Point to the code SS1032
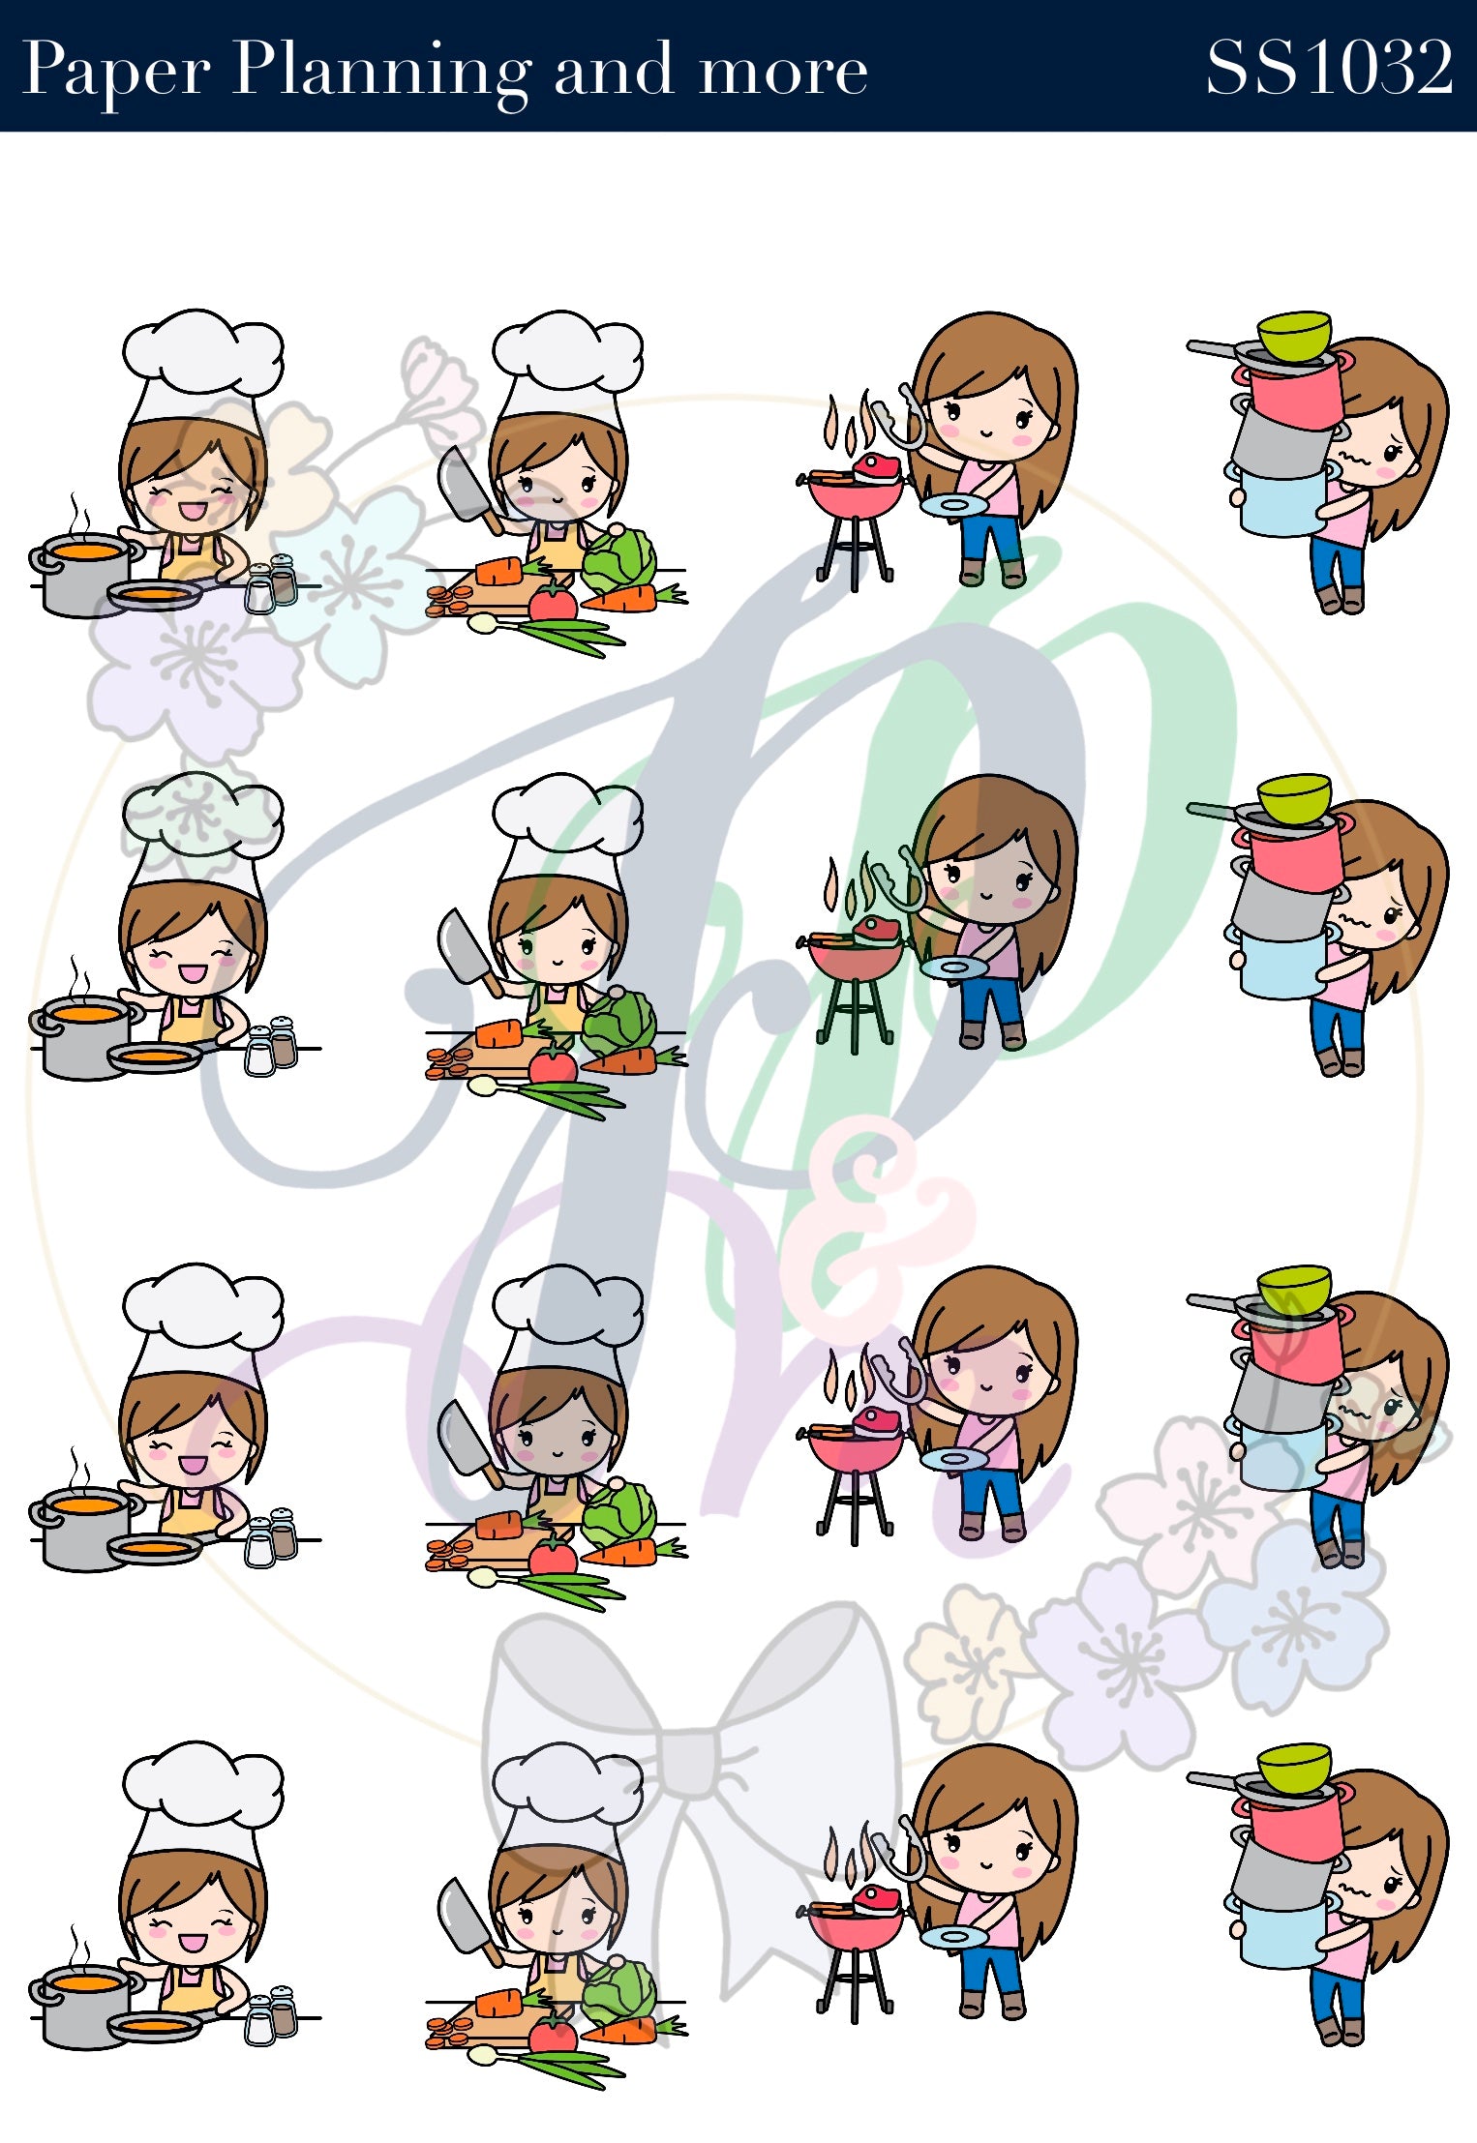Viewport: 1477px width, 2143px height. [x=1328, y=67]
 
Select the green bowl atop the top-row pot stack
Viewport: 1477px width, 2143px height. [x=1294, y=335]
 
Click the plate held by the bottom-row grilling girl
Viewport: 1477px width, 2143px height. [x=954, y=1936]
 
